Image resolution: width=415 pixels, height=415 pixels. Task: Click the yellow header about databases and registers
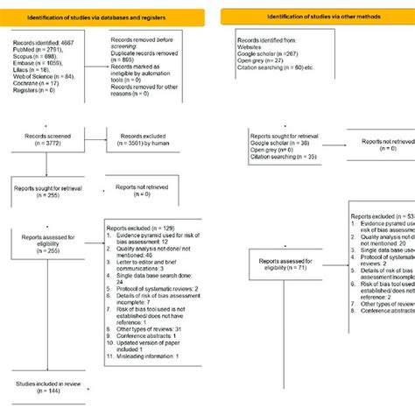[103, 18]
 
